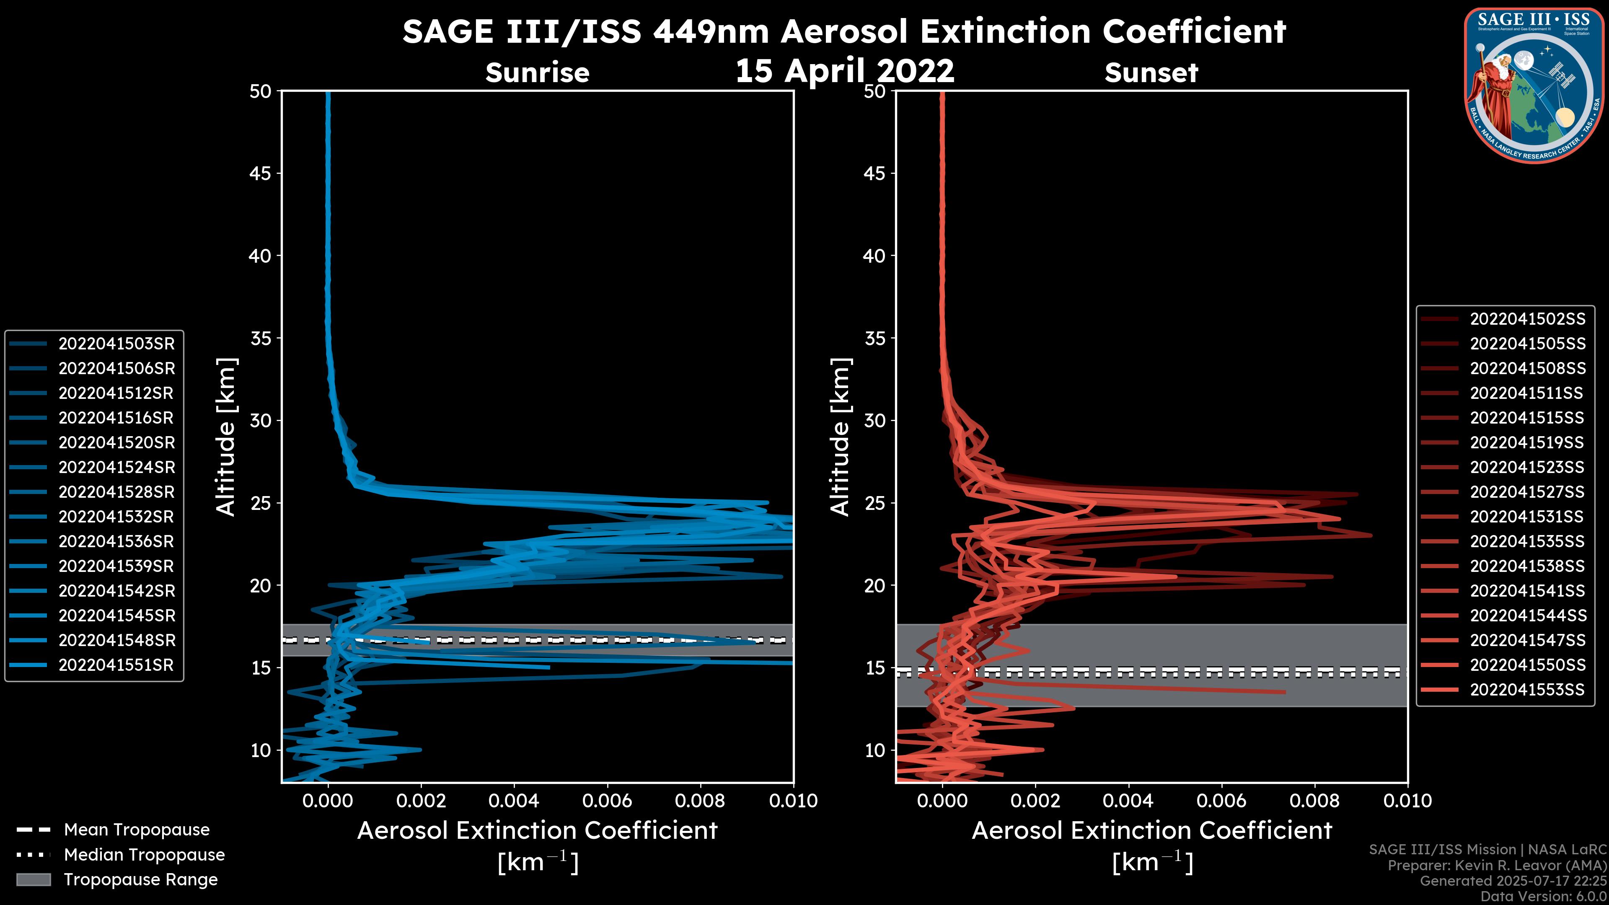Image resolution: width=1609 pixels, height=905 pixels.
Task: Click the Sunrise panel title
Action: [537, 73]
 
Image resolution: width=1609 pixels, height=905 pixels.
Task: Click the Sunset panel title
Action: [1151, 73]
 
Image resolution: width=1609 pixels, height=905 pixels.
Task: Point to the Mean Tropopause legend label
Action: [137, 830]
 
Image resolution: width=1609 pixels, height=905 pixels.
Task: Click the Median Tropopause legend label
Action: [144, 854]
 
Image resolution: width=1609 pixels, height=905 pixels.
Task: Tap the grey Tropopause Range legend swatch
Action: [33, 879]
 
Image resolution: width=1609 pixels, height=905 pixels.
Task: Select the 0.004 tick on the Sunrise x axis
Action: [513, 801]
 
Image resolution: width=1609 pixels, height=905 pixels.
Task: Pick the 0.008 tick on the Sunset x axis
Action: [1315, 801]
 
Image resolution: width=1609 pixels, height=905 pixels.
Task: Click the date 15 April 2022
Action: [844, 70]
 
